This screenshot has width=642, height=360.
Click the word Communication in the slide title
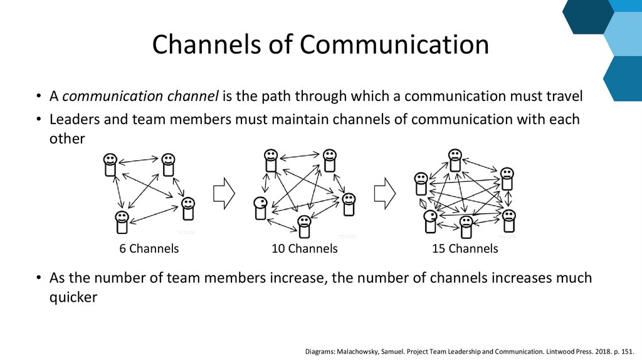(394, 45)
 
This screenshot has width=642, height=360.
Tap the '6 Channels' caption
(149, 249)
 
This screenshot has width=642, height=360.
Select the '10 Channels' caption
(305, 249)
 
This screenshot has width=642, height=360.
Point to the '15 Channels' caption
(465, 249)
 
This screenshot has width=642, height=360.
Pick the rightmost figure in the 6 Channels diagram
(188, 209)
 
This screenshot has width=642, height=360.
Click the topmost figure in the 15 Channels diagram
(455, 159)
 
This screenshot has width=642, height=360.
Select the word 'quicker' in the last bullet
(73, 297)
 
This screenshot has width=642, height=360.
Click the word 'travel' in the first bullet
(562, 97)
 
